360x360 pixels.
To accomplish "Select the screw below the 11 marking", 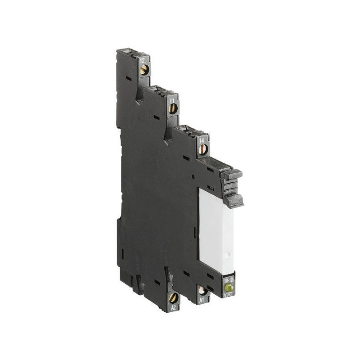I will [172, 108].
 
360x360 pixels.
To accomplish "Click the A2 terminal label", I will [173, 308].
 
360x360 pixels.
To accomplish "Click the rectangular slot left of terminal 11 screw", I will [156, 117].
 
